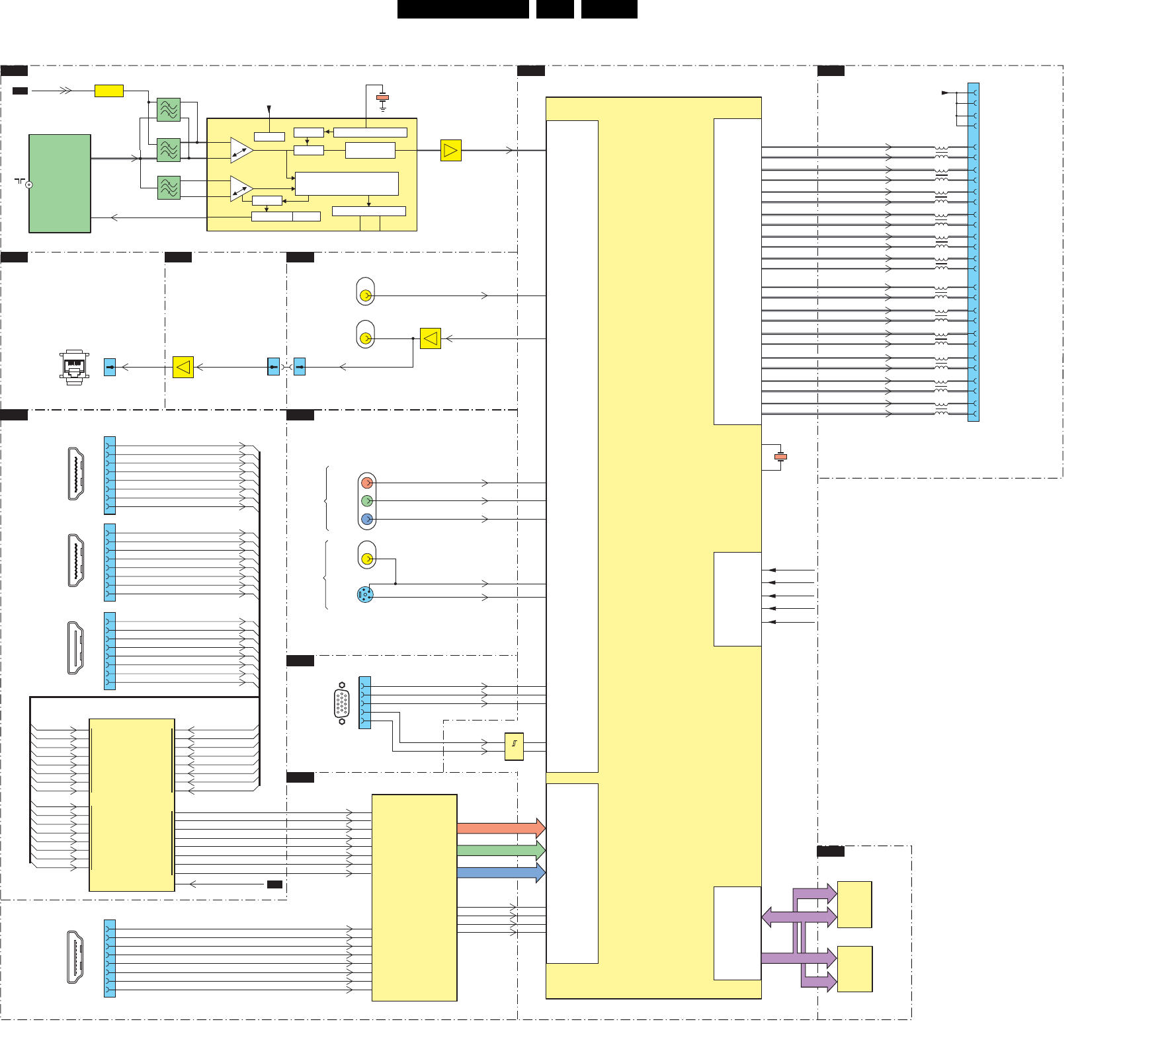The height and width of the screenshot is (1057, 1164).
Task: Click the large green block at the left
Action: [x=60, y=183]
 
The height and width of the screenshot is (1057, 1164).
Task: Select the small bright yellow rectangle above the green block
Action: [x=109, y=91]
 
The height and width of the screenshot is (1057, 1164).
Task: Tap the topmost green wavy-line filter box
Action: [x=169, y=110]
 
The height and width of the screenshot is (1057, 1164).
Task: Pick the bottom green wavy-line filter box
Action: [x=169, y=188]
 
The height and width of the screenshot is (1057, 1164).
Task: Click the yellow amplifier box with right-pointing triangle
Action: [x=450, y=151]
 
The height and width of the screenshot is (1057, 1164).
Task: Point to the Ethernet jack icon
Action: [x=74, y=366]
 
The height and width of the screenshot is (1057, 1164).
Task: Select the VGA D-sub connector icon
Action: [x=342, y=703]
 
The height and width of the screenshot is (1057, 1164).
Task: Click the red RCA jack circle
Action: [x=367, y=483]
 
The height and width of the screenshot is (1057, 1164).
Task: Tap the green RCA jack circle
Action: [x=367, y=501]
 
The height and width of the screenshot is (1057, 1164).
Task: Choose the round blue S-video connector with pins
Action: [x=365, y=595]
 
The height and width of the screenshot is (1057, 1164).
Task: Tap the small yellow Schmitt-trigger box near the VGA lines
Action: [x=514, y=746]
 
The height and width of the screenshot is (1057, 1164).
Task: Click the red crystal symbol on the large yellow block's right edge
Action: [x=780, y=457]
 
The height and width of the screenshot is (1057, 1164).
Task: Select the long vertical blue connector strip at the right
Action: [x=973, y=251]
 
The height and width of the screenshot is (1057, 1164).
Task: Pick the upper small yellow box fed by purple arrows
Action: [x=854, y=904]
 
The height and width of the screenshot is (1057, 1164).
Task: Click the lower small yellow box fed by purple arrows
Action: [x=854, y=969]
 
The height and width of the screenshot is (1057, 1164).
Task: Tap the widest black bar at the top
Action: [x=463, y=9]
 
